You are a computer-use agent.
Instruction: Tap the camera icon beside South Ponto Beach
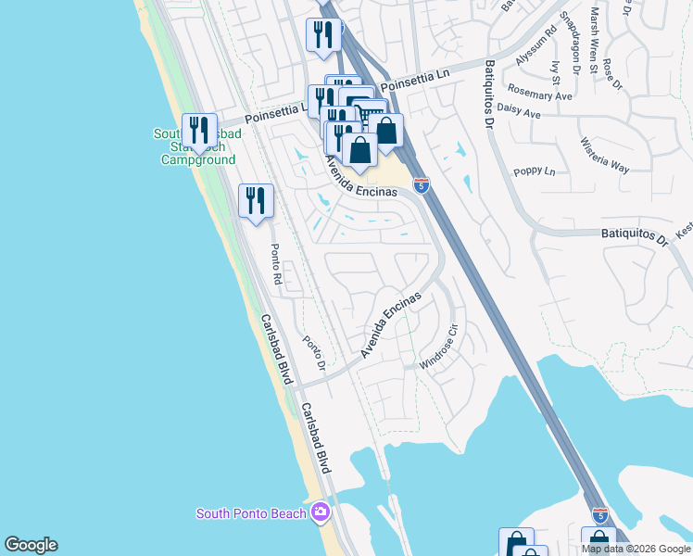(x=321, y=512)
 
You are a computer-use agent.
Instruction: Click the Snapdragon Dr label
(x=572, y=42)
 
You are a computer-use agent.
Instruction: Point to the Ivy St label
(x=556, y=69)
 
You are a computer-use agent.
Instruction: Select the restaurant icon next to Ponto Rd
(x=255, y=200)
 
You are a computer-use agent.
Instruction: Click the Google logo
(x=31, y=545)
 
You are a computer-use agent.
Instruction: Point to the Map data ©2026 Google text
(x=636, y=549)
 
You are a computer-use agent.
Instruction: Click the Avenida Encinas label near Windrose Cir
(x=390, y=325)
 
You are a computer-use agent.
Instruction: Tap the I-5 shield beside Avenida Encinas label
(x=422, y=185)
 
